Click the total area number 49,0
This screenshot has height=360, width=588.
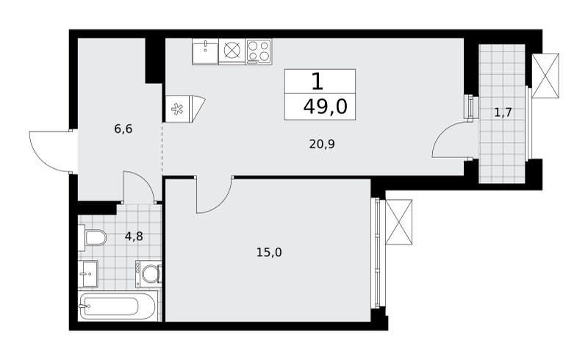point(326,107)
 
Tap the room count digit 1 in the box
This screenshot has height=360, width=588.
point(318,81)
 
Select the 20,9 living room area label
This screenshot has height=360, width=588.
point(322,144)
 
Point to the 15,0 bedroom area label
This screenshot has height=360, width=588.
point(269,253)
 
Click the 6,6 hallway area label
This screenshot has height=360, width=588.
point(123,129)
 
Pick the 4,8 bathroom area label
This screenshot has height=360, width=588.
point(134,237)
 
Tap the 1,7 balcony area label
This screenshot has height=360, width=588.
point(503,112)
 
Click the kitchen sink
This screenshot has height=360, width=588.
point(205,51)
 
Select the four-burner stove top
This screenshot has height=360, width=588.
point(259,51)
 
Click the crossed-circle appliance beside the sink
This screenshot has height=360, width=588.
point(232,51)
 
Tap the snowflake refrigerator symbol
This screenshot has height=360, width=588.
point(176,109)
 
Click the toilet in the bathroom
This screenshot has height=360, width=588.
point(93,237)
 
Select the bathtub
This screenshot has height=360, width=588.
point(118,306)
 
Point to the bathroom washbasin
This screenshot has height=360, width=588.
point(88,273)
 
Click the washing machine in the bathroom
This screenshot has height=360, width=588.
point(148,273)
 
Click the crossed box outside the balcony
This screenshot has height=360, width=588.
point(545,76)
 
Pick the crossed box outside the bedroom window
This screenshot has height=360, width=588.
point(398,223)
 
